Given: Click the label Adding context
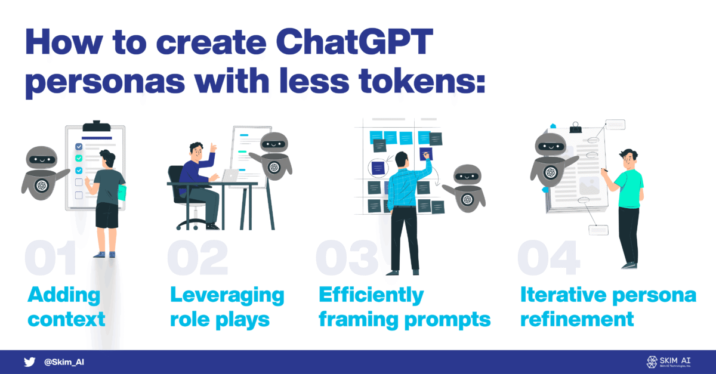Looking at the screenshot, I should pos(66,307).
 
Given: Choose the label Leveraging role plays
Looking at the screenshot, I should pos(227,307).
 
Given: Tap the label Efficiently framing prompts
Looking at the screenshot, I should pos(404,307).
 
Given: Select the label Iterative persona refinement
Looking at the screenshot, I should pos(607,307).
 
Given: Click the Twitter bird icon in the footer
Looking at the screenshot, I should pos(30,362).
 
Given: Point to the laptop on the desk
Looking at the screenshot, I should pos(230,175).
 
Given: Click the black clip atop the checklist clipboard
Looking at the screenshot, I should pos(95,127).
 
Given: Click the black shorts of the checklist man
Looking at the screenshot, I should pos(107,215).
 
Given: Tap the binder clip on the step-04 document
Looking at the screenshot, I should pos(575,127).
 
